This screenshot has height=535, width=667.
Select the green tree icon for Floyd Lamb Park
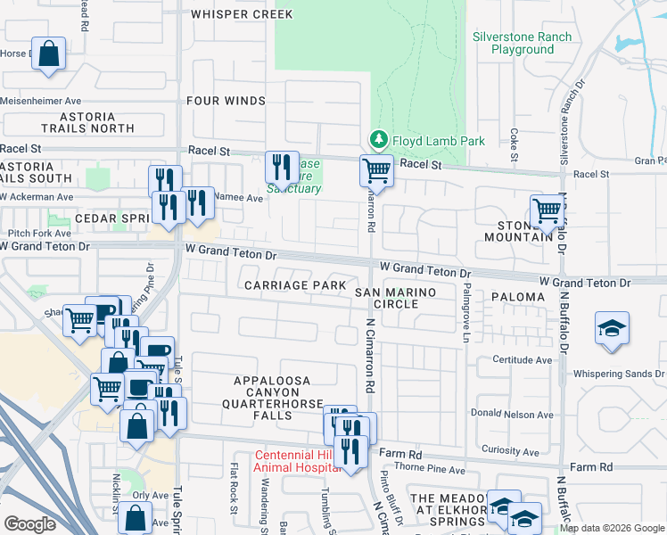[379, 140]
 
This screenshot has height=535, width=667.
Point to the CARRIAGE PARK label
[296, 285]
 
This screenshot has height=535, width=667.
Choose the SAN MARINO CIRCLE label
[396, 298]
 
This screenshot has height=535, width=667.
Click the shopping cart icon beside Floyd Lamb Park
[376, 169]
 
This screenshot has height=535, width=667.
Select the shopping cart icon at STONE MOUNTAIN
[546, 210]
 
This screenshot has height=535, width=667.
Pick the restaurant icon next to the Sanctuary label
[281, 166]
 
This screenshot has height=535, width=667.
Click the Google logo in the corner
[30, 524]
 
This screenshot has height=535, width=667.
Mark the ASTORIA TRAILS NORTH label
[87, 122]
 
